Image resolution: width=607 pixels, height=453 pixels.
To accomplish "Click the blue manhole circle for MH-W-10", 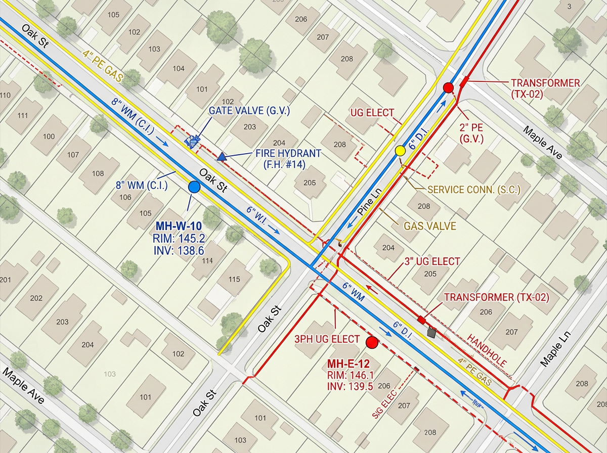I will click(194, 188).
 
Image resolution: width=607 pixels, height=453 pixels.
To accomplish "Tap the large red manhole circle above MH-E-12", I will click(372, 343).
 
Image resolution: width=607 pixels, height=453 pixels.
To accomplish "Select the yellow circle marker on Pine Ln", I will click(400, 150).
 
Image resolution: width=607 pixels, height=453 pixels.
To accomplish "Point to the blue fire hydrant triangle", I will click(221, 158).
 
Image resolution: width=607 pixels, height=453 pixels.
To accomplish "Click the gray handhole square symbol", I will click(431, 332).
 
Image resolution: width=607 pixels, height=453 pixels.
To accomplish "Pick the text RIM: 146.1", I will click(350, 375).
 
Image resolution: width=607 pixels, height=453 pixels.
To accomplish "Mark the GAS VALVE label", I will click(429, 226).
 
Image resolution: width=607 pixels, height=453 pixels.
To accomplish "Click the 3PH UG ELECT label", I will click(328, 339).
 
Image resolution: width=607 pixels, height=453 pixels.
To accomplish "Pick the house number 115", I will click(234, 279).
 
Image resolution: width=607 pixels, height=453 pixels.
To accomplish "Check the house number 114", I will click(206, 261).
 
